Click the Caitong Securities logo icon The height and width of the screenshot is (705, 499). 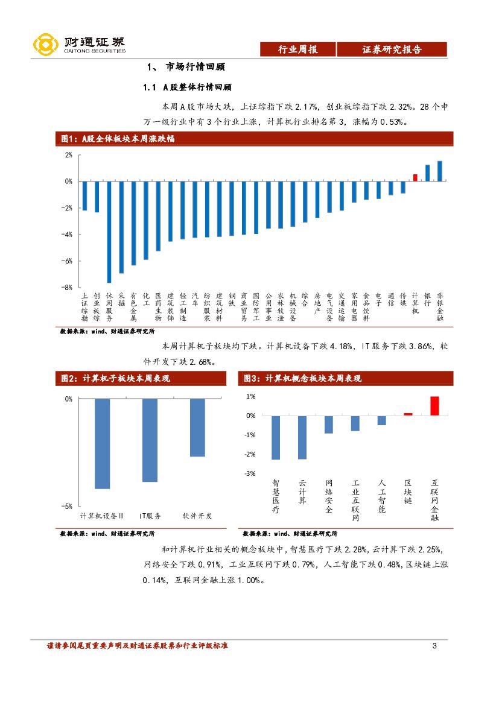[45, 43]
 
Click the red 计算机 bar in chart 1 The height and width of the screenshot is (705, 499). [415, 177]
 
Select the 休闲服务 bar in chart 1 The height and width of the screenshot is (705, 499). [109, 232]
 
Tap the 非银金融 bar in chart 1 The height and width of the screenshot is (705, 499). [440, 171]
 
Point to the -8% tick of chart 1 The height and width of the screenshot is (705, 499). [68, 288]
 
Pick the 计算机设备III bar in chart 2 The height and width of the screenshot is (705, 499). [102, 443]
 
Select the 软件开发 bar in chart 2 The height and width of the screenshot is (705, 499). [197, 427]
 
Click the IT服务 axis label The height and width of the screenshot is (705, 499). [150, 516]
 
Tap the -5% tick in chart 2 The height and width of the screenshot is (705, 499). [68, 507]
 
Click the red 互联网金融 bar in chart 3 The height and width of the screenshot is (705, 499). [434, 406]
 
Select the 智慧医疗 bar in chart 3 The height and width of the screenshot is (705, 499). [276, 437]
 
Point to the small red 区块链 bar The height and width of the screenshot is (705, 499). [408, 414]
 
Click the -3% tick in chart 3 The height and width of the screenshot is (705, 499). [250, 473]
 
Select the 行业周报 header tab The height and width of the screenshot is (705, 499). [297, 50]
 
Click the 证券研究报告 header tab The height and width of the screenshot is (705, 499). [392, 50]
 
